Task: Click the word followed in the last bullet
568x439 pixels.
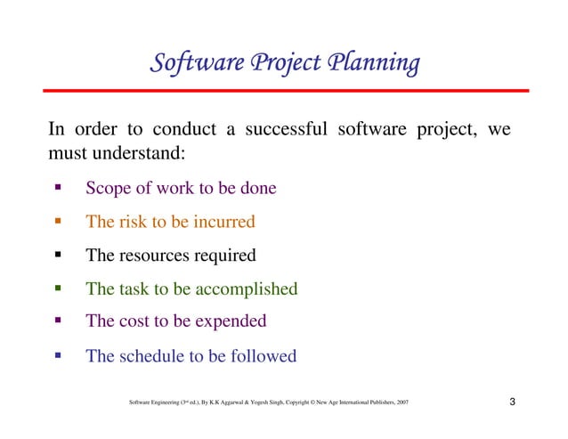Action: [263, 356]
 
